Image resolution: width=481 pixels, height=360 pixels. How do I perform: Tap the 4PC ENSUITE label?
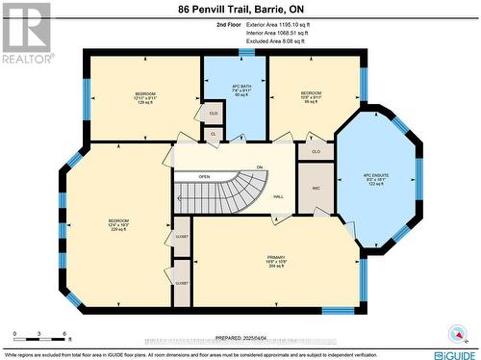(378, 180)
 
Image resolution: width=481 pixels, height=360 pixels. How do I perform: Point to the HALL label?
(278, 196)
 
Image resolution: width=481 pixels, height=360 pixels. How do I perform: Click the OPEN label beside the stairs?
(204, 177)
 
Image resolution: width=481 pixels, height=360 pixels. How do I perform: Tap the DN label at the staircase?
(259, 167)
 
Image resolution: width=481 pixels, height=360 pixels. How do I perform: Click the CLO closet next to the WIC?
(316, 152)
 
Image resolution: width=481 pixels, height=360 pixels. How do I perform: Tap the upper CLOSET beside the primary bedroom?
(182, 235)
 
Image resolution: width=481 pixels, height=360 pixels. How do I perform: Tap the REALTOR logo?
(26, 33)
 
